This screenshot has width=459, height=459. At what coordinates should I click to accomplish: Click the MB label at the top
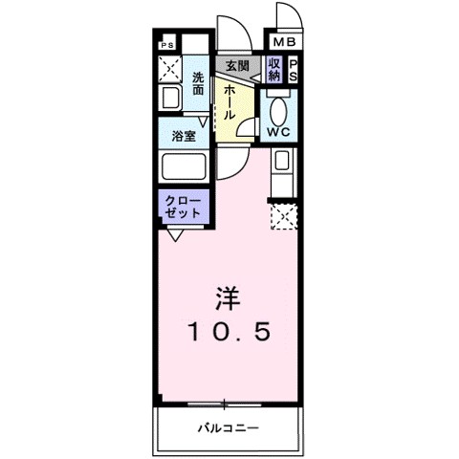point(285,43)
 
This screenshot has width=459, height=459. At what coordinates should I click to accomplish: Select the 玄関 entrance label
point(236,66)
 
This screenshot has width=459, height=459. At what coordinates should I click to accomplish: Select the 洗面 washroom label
point(198,84)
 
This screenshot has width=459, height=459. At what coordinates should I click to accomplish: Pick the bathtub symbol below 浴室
point(184,168)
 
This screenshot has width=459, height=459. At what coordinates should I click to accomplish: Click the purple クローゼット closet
point(182,208)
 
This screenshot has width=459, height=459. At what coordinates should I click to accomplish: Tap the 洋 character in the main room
point(229,297)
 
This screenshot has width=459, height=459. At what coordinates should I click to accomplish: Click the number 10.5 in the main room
point(229,332)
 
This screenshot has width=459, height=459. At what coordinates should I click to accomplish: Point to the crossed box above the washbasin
point(169,70)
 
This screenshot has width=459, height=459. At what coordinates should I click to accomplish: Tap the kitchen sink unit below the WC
point(285,173)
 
